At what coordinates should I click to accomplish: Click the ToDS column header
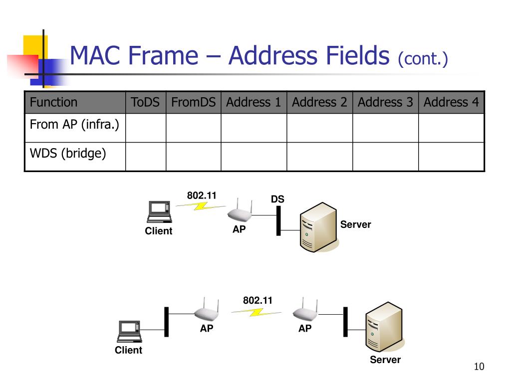[x=145, y=103]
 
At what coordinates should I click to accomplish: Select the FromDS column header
[x=193, y=103]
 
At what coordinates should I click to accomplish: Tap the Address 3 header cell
[x=385, y=103]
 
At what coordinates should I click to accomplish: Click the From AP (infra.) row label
[x=74, y=125]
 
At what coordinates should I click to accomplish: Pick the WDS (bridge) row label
[x=68, y=154]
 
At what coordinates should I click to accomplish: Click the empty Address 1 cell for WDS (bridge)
[x=254, y=157]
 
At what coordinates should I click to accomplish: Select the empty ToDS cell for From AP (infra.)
[x=145, y=128]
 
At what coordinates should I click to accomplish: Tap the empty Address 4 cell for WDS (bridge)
[x=451, y=157]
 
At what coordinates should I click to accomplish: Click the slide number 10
[x=479, y=367]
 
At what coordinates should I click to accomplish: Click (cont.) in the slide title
[x=423, y=59]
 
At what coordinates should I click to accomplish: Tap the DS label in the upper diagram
[x=277, y=199]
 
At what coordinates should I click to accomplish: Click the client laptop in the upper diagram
[x=159, y=211]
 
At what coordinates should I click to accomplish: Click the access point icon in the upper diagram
[x=240, y=212]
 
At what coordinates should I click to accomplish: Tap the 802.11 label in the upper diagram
[x=202, y=195]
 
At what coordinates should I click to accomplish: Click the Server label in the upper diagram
[x=355, y=224]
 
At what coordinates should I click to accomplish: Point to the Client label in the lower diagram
[x=128, y=350]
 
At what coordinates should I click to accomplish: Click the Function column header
[x=53, y=103]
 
